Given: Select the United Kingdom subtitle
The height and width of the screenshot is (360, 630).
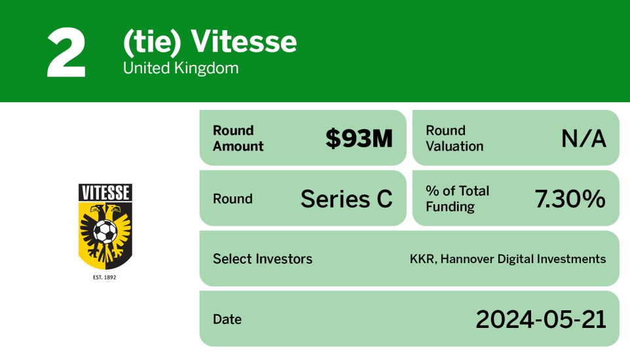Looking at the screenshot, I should point(181,68).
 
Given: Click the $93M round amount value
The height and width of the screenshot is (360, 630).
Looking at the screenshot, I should point(359,138).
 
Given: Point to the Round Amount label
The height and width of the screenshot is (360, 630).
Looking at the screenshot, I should point(238,138).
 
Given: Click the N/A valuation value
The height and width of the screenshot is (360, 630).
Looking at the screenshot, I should point(584,138).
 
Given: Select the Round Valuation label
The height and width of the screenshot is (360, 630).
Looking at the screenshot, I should point(454,138).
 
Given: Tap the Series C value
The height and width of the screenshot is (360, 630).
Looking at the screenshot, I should point(346,198).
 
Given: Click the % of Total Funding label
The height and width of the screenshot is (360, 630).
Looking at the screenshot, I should point(458,198).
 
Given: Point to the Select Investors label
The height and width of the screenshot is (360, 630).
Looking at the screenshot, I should point(263,259).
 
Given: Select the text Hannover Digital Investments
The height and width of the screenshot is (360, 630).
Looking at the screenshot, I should point(523,259).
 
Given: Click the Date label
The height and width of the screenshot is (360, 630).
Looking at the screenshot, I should point(227,319).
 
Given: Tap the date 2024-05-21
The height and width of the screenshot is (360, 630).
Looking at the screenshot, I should point(541,319).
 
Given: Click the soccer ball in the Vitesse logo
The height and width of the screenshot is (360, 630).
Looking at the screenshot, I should point(105,230).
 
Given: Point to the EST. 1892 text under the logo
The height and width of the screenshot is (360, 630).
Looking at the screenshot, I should point(105,278).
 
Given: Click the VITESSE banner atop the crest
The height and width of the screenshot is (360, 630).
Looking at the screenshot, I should point(105,192).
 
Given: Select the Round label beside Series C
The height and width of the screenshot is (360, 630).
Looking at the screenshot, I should point(232,198).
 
